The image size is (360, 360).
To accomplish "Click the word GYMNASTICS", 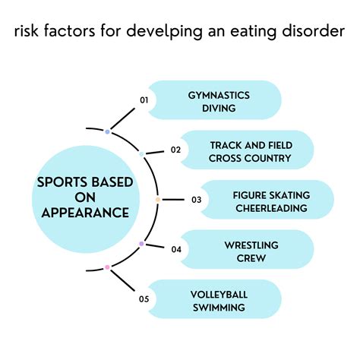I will (x=219, y=95).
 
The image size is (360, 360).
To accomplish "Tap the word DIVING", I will (x=219, y=109).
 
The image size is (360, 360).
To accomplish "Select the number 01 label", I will (x=143, y=99).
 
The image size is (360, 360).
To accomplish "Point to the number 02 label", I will (x=175, y=150).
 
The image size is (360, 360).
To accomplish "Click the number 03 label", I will (x=197, y=200).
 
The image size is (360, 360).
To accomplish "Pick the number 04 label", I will (x=175, y=249).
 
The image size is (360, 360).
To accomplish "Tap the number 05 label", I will (x=143, y=299).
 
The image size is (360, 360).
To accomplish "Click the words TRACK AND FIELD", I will (x=251, y=144).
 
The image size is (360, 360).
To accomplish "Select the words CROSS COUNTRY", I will (x=251, y=158).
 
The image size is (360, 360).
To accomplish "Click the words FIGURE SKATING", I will (x=270, y=194).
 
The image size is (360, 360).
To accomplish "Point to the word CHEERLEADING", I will (x=270, y=208).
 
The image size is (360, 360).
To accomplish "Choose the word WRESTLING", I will (x=251, y=244).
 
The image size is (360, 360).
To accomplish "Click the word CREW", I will (x=251, y=257).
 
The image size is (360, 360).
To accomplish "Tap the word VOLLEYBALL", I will (x=219, y=294).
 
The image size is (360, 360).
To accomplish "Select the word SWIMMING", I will (x=219, y=308).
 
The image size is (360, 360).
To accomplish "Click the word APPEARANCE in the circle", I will (x=84, y=213).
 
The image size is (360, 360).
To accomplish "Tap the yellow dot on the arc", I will (x=158, y=200).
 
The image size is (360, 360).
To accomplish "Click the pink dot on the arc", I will (x=107, y=267).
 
